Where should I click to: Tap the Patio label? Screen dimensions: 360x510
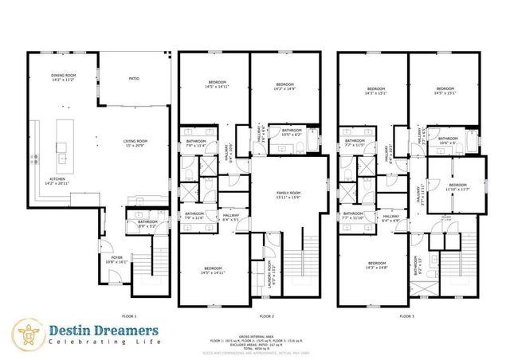coord(134,79)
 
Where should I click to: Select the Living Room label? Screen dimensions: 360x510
coord(134,143)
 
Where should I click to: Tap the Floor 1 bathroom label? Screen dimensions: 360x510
coord(148,225)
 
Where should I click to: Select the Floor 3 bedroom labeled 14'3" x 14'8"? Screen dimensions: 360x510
coord(378,265)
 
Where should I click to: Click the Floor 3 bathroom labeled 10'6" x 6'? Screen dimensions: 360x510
coord(448,140)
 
